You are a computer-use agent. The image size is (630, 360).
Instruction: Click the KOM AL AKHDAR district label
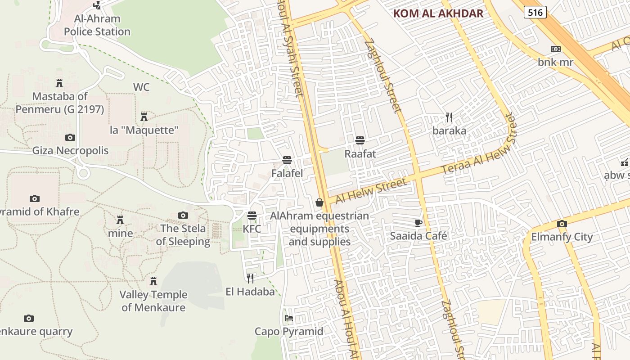pyautogui.click(x=438, y=13)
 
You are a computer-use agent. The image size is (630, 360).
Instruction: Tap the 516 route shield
pyautogui.click(x=535, y=13)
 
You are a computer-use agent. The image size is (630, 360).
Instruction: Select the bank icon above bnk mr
pyautogui.click(x=555, y=49)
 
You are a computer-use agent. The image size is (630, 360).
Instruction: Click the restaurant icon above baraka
pyautogui.click(x=449, y=117)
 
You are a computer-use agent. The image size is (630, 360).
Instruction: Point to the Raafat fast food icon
pyautogui.click(x=360, y=140)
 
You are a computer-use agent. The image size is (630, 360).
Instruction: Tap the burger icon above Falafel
pyautogui.click(x=287, y=160)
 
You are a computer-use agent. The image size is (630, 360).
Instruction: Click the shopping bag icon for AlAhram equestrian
pyautogui.click(x=319, y=202)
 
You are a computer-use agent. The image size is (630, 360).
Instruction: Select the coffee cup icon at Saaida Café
pyautogui.click(x=418, y=223)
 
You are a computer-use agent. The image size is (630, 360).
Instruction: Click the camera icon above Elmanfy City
pyautogui.click(x=562, y=224)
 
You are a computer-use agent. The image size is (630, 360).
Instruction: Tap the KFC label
pyautogui.click(x=252, y=229)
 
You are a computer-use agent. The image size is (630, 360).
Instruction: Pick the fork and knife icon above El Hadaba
pyautogui.click(x=250, y=279)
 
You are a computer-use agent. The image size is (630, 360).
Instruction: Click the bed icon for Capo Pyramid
pyautogui.click(x=289, y=318)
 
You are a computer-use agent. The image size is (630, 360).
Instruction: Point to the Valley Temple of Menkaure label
pyautogui.click(x=153, y=301)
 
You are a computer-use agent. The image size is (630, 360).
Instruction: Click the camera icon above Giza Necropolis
pyautogui.click(x=70, y=137)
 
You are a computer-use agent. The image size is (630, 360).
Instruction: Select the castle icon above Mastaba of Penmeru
pyautogui.click(x=59, y=83)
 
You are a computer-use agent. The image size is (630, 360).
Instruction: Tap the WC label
pyautogui.click(x=141, y=87)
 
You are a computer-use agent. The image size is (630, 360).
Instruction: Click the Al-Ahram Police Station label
pyautogui.click(x=97, y=25)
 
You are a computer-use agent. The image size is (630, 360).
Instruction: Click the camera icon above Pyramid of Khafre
pyautogui.click(x=35, y=198)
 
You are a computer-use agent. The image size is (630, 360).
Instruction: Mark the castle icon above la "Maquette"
pyautogui.click(x=144, y=117)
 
